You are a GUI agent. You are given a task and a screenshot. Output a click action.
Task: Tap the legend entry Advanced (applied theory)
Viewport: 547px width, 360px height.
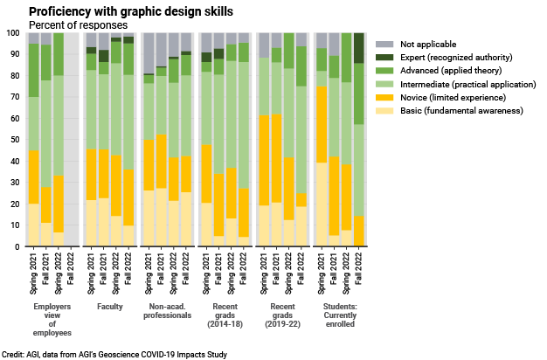point(453,70)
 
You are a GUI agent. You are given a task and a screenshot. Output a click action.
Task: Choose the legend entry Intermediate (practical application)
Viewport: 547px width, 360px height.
point(468,84)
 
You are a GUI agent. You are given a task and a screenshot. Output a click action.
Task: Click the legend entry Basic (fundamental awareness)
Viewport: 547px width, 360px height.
point(461,111)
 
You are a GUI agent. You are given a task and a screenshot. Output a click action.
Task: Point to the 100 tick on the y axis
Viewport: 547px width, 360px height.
point(13,33)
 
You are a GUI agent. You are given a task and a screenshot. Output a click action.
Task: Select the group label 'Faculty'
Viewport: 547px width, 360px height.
point(111,307)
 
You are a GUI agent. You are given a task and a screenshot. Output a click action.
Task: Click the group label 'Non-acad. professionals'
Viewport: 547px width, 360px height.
point(170,313)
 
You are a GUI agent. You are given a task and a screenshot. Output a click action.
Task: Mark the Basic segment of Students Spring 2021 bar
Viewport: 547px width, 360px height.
point(321,204)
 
